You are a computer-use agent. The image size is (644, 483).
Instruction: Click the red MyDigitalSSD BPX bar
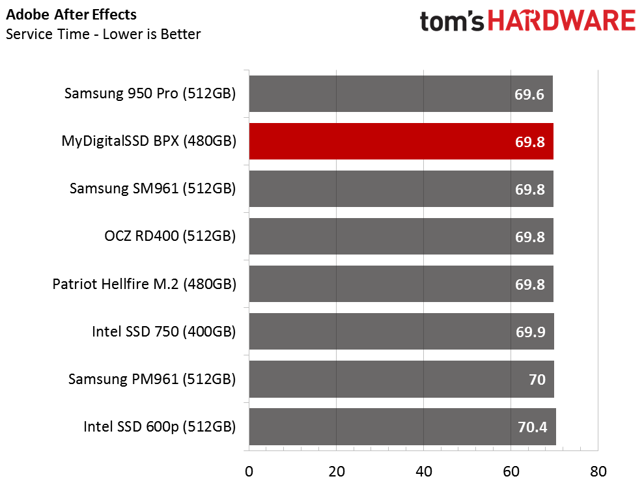point(400,141)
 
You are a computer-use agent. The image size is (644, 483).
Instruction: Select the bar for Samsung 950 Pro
point(400,94)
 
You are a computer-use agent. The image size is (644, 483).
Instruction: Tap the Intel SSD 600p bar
point(402,427)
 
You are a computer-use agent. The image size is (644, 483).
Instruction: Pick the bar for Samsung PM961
point(400,379)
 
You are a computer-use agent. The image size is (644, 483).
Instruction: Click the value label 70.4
point(531,428)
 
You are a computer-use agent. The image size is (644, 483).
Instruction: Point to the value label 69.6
point(529,94)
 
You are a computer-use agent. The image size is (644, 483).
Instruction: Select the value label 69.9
point(529,333)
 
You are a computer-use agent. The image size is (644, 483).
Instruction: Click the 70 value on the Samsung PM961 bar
point(537,380)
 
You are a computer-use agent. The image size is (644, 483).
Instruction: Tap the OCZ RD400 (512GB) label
point(170,236)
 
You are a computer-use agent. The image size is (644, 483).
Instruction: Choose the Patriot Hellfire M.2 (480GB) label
point(144,284)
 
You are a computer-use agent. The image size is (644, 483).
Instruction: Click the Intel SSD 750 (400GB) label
point(163,332)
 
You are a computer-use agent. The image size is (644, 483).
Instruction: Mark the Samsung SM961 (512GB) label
point(152,189)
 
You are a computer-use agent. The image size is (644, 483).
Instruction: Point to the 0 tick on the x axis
point(249,471)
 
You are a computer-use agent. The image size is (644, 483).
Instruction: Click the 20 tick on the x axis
point(336,471)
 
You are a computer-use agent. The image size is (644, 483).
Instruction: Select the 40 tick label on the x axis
point(423,471)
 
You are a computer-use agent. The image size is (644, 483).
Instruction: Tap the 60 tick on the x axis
point(511,471)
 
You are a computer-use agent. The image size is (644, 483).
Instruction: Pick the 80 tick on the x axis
point(598,471)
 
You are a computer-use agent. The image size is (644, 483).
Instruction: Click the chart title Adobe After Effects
point(72,14)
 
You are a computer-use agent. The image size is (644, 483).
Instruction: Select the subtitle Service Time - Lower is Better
point(103,34)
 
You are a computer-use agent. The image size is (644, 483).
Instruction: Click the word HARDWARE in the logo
point(562,21)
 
